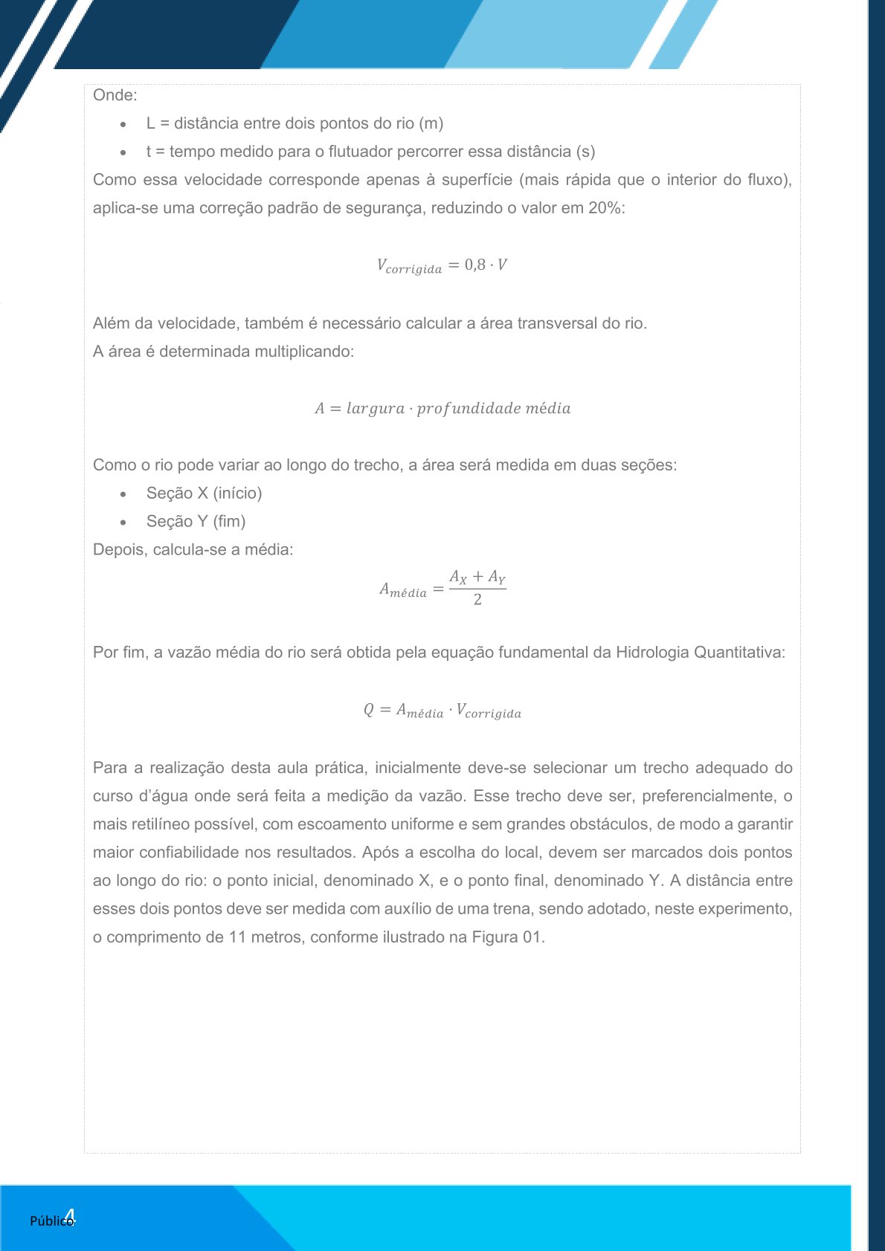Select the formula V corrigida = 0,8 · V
[442, 265]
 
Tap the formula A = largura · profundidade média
[442, 408]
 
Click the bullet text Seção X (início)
[204, 494]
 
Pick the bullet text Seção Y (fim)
[196, 522]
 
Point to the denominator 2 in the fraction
[477, 600]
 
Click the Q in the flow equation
[369, 710]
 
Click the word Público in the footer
[51, 1221]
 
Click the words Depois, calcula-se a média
[193, 550]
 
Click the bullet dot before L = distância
[123, 124]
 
